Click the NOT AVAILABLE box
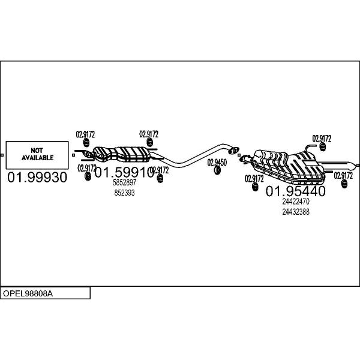coord(37,155)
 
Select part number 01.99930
coord(37,177)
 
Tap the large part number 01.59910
coord(124,172)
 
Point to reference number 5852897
coord(124,182)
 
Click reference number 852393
coord(124,193)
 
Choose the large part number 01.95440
coord(295,191)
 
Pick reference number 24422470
coord(296,202)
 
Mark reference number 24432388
coord(296,212)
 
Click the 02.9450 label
coord(217,163)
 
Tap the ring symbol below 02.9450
coord(217,170)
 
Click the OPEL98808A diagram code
coord(28,293)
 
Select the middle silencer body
coord(122,154)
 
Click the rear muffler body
coord(288,167)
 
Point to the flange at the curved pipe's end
coord(233,151)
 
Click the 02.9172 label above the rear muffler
coord(322,139)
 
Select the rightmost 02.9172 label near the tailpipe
coord(343,176)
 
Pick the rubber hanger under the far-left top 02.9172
coord(86,143)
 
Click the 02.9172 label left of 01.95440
coord(254,178)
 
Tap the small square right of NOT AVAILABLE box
coord(73,155)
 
